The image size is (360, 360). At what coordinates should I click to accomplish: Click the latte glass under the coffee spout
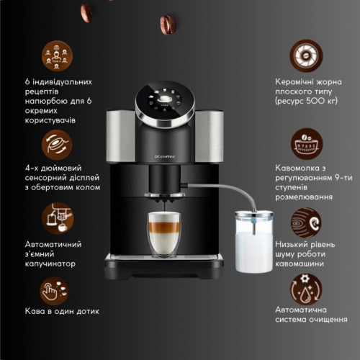tap(164, 235)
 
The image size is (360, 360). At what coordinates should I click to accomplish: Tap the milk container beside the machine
tap(254, 240)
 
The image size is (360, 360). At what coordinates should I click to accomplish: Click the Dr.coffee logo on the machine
tap(165, 157)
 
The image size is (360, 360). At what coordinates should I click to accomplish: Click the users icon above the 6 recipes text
tap(57, 56)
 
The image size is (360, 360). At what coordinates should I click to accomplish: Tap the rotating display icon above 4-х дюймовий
tap(57, 145)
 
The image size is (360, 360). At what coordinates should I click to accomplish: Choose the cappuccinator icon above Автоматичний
tap(57, 218)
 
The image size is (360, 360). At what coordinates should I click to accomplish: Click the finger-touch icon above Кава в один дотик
tap(54, 291)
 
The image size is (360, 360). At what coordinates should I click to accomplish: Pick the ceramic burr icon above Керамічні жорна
tap(306, 55)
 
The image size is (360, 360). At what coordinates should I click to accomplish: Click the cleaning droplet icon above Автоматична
tap(306, 289)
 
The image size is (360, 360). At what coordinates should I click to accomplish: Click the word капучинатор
tap(50, 264)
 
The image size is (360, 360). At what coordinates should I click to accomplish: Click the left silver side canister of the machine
tap(121, 135)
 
